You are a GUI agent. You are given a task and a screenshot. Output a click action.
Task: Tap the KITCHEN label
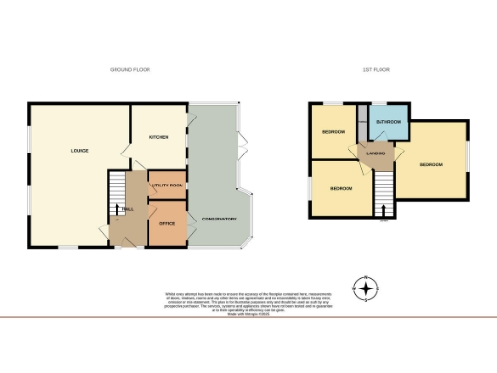point(159,138)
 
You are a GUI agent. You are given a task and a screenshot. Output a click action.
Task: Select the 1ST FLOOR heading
point(376,70)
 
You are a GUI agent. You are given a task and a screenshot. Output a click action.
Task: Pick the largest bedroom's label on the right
point(431,165)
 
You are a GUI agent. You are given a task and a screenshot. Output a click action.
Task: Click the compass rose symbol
point(365,288)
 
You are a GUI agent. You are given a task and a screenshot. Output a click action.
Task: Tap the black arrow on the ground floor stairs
point(118,208)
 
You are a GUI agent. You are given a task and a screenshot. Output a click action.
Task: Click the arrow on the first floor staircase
point(383,207)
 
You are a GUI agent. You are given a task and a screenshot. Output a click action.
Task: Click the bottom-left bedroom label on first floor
point(340,188)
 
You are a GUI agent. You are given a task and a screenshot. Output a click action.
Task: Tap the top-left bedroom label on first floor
point(333,131)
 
